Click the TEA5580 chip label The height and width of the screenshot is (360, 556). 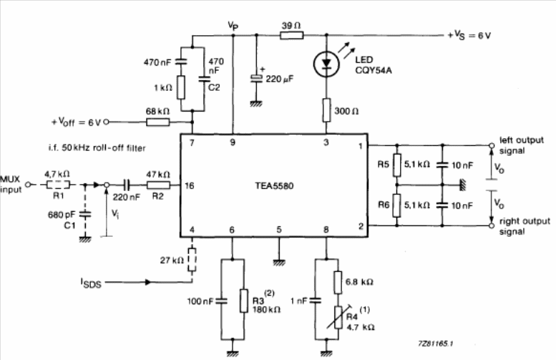[274, 186]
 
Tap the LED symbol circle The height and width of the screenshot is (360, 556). [326, 64]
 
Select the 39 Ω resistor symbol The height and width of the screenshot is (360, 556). [291, 35]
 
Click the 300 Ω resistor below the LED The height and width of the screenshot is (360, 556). [326, 110]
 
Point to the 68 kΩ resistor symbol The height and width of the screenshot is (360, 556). [158, 122]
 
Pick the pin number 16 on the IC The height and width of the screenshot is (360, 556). [190, 185]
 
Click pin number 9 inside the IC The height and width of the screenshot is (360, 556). [233, 142]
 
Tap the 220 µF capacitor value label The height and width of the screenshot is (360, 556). [280, 79]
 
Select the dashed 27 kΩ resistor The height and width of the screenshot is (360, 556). [192, 260]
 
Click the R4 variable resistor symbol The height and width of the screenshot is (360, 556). [338, 318]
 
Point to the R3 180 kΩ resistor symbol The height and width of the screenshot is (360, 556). [243, 301]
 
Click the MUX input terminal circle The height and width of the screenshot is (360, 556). [28, 185]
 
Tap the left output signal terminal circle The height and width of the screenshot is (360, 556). [492, 145]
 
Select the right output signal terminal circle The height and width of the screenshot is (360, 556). [492, 225]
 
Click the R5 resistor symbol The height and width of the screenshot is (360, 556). [397, 165]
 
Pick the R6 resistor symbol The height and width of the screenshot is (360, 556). [397, 205]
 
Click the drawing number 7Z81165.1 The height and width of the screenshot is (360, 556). [435, 344]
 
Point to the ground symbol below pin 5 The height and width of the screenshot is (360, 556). [279, 263]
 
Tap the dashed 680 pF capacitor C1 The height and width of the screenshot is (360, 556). [84, 214]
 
